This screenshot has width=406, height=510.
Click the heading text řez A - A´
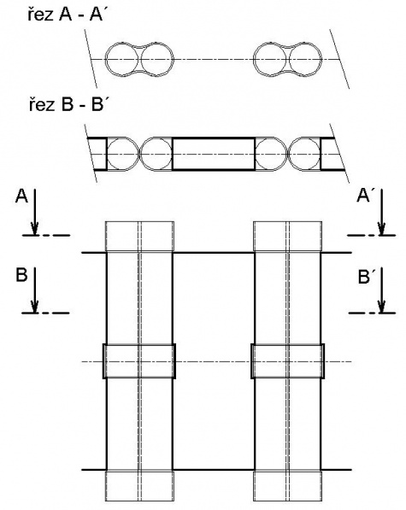(66, 15)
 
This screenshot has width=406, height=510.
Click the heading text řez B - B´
(68, 105)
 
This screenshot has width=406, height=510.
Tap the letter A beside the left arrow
(21, 196)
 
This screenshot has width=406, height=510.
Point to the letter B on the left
(21, 275)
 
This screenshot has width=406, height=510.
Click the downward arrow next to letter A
(34, 211)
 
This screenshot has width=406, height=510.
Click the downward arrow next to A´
(381, 211)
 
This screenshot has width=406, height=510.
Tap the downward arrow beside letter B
(34, 290)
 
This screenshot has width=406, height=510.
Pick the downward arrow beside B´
(381, 290)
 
